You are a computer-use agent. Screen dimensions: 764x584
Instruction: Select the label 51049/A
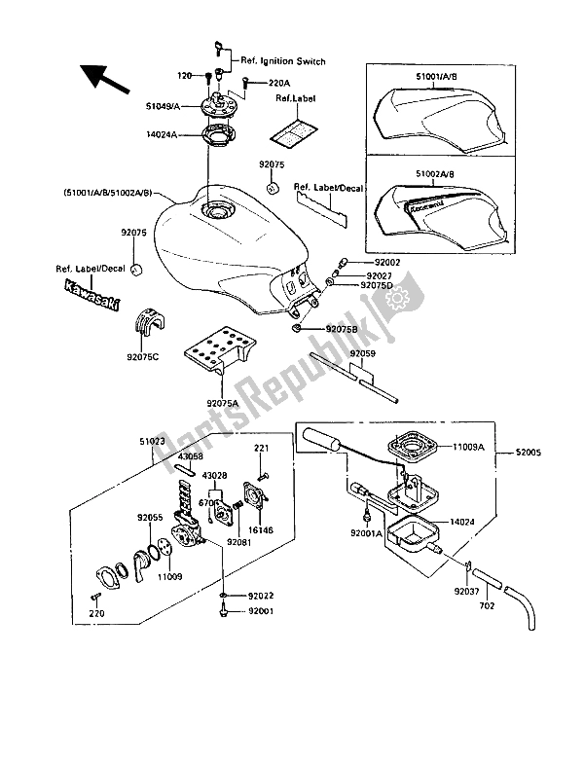[x=163, y=108]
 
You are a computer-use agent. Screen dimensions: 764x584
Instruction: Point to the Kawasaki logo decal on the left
[x=89, y=298]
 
